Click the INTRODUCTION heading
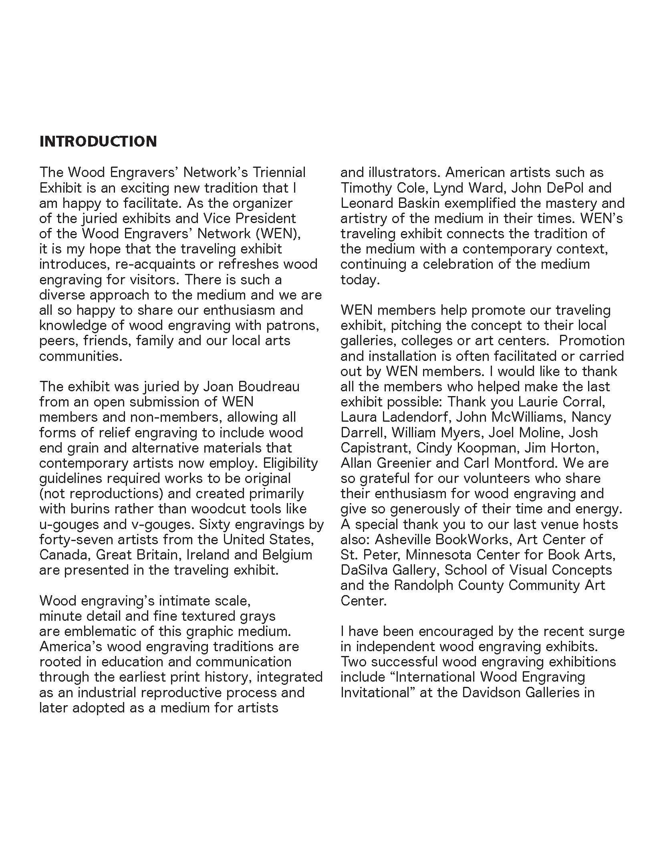98,141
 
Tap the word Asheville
403,539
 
